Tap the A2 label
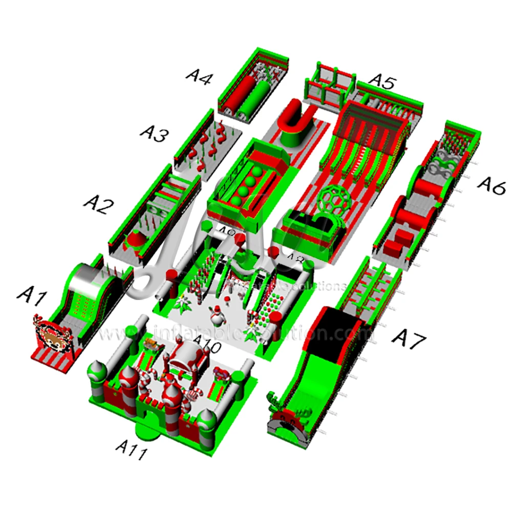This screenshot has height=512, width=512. click(98, 205)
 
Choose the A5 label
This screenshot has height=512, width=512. click(382, 81)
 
